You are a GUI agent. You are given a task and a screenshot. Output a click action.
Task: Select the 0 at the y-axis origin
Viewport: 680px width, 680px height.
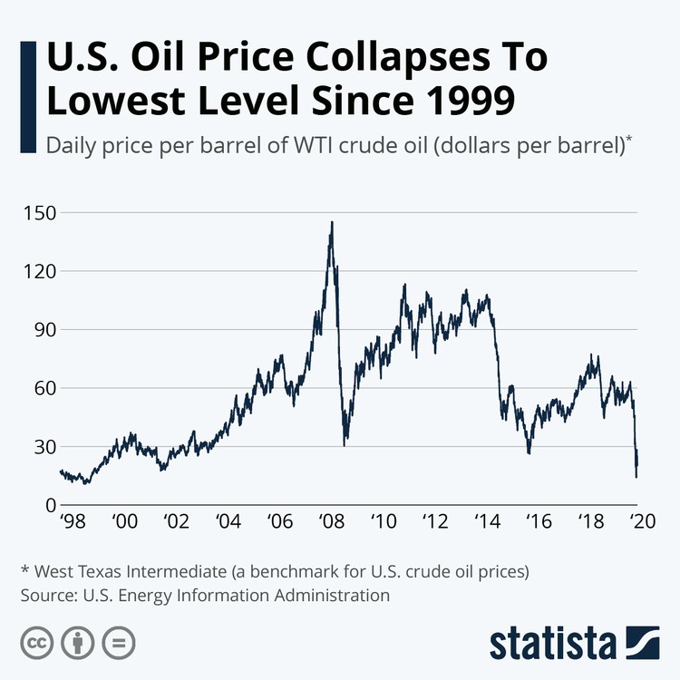51,505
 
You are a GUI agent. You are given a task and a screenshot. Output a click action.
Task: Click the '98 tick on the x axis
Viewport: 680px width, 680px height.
72,522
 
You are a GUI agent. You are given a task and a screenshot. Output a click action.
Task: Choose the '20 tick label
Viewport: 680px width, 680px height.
642,522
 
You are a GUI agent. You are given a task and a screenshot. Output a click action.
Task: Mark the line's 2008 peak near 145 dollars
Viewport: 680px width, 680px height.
332,222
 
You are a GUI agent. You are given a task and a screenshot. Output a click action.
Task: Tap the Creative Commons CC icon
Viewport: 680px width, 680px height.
36,643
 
